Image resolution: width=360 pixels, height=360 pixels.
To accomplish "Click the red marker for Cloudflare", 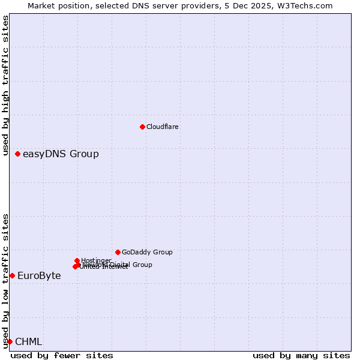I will click(142, 127).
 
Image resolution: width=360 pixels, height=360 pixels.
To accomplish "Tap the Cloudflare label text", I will click(162, 127).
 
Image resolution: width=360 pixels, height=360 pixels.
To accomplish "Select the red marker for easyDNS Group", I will click(17, 154).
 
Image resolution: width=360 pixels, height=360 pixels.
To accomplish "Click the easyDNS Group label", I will click(61, 154).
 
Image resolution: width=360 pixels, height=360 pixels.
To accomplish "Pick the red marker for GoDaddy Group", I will click(118, 252).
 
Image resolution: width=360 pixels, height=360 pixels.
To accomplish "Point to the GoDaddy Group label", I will click(147, 252).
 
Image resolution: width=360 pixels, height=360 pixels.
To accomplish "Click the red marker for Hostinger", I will click(77, 260).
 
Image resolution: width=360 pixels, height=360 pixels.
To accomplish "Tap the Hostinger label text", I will click(96, 260).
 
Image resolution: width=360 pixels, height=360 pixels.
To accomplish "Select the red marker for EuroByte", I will click(12, 275).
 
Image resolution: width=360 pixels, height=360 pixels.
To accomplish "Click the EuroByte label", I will click(39, 276).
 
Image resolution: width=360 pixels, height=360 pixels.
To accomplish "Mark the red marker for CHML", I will click(10, 341).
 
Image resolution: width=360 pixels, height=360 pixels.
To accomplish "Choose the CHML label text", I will click(28, 342).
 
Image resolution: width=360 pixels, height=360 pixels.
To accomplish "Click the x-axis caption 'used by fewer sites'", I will click(62, 355).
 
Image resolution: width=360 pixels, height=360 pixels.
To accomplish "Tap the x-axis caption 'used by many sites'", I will click(301, 355).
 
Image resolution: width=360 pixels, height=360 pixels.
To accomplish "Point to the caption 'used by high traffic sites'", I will click(6, 72).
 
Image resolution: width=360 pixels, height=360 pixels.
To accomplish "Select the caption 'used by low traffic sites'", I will click(6, 281).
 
